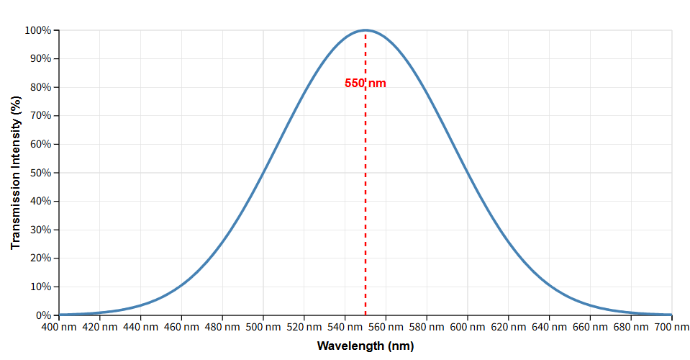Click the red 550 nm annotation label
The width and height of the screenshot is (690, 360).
click(x=366, y=84)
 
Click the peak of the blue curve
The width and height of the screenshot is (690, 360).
click(x=366, y=30)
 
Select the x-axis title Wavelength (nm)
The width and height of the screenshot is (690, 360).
click(x=366, y=346)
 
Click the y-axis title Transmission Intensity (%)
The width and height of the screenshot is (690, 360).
click(x=16, y=173)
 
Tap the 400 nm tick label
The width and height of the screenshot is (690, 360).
click(x=59, y=328)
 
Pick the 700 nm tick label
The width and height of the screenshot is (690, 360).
click(x=671, y=328)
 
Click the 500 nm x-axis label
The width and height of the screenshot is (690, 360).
click(x=263, y=328)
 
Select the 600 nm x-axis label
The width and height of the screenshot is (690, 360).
click(x=468, y=328)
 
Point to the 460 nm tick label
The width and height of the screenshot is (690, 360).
click(x=181, y=328)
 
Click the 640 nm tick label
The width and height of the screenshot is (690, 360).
click(x=549, y=328)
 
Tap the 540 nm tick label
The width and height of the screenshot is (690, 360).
click(x=345, y=328)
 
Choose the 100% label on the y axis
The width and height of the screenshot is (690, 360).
click(x=38, y=30)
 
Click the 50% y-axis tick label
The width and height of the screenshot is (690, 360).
click(x=40, y=173)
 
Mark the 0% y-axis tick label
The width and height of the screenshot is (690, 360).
click(x=43, y=315)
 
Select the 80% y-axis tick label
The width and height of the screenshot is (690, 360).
click(x=40, y=87)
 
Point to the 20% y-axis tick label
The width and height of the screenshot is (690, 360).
click(x=40, y=258)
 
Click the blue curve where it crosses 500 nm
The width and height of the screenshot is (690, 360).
click(x=263, y=173)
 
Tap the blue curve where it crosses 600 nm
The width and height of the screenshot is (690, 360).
click(x=468, y=173)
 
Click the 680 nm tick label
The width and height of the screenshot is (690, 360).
click(x=631, y=328)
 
